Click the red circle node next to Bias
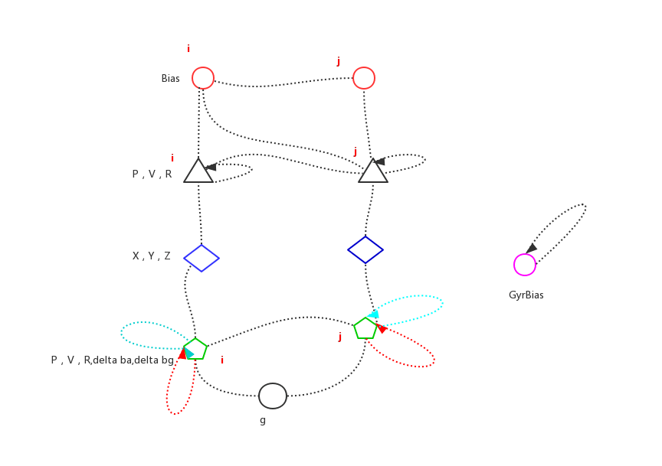tap(202, 78)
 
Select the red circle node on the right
tap(363, 78)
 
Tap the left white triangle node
tap(198, 171)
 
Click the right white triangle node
tap(373, 171)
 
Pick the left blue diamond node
tap(202, 258)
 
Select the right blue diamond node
tap(365, 249)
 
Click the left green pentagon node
tap(195, 349)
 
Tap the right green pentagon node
tap(365, 328)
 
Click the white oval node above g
tap(273, 396)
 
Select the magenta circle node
tap(525, 265)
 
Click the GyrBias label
tap(526, 295)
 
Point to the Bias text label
tap(170, 78)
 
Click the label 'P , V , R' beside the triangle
tap(152, 174)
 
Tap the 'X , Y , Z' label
tap(151, 256)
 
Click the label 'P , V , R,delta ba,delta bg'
tap(113, 360)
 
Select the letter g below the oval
tap(263, 419)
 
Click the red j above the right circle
tap(339, 60)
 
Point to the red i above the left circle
tap(188, 48)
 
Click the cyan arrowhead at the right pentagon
tap(373, 313)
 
